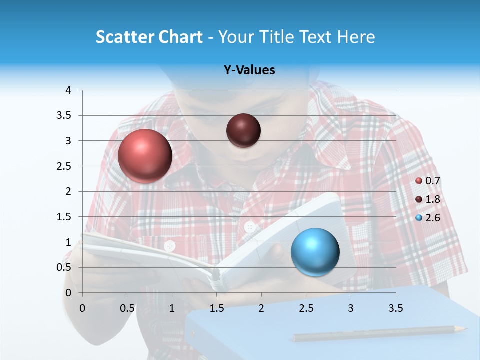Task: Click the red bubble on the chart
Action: point(145,156)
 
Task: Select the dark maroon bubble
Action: point(243,130)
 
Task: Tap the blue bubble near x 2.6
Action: point(315,252)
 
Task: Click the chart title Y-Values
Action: point(249,70)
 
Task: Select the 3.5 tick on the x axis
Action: point(395,308)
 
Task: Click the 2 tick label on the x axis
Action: point(261,308)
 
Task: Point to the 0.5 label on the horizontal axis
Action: point(127,308)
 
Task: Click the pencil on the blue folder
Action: point(380,333)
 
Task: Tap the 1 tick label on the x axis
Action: point(172,308)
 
